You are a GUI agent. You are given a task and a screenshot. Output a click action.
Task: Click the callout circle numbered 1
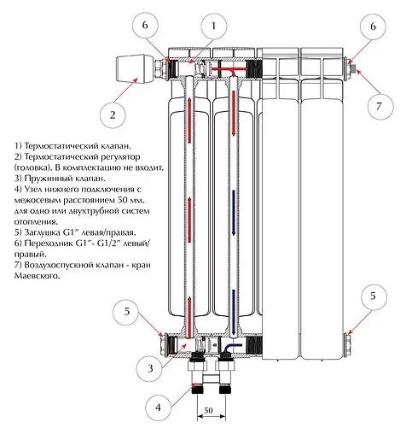click(x=214, y=26)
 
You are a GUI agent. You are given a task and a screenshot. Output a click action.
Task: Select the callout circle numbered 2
click(x=113, y=115)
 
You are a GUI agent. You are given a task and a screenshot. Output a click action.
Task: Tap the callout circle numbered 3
click(x=149, y=369)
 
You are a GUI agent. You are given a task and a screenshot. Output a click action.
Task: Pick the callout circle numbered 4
click(x=158, y=408)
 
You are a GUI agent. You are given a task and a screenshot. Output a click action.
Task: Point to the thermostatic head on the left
click(x=135, y=68)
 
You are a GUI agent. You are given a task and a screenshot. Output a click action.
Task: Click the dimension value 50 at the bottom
click(x=208, y=410)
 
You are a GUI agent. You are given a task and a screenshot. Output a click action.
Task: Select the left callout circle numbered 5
click(x=126, y=312)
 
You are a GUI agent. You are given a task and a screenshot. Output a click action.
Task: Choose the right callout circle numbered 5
click(x=374, y=296)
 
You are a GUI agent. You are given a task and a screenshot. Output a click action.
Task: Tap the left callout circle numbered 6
click(x=145, y=26)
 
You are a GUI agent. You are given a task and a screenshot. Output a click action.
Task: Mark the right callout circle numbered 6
click(x=373, y=26)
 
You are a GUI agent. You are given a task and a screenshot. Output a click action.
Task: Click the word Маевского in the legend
click(x=38, y=276)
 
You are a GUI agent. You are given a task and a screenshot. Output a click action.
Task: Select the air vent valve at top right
click(x=354, y=68)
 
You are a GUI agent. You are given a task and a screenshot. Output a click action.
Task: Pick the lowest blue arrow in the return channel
click(x=234, y=312)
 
